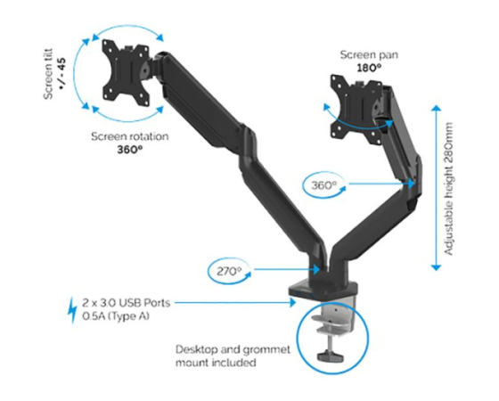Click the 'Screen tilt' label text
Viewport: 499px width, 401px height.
48,74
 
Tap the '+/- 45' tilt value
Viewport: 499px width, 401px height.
61,73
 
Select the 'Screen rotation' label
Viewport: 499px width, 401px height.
130,136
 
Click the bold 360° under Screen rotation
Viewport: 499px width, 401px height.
130,150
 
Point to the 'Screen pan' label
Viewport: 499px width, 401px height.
369,54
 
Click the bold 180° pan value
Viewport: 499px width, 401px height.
369,68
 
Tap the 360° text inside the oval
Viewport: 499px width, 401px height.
323,185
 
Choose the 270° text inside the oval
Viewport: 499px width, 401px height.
229,272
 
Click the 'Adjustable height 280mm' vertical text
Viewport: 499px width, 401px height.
448,189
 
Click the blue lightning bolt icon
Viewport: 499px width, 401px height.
73,310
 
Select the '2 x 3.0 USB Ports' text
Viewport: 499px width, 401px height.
127,302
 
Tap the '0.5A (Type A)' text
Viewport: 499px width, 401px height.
116,316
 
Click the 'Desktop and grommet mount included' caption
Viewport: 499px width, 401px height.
233,356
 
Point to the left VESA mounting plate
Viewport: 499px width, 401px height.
126,73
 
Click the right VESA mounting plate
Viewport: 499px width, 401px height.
356,108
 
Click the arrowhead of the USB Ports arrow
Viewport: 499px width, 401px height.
293,302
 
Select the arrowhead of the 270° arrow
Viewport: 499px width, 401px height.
315,270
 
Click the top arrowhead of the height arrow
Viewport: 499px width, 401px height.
436,108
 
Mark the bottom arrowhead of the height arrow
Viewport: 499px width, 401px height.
436,267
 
